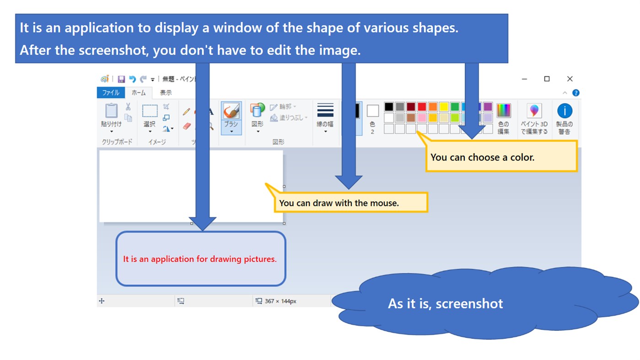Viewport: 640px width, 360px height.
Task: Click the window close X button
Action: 570,79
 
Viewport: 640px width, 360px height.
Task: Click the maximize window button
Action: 547,79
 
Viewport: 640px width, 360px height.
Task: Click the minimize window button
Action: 524,79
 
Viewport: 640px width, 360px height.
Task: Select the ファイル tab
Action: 111,93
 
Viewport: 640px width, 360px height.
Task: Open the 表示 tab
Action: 166,93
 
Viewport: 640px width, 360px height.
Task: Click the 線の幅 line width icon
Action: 325,111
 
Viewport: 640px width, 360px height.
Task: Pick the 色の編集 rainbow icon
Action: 503,111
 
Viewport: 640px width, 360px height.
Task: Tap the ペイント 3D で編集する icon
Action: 534,111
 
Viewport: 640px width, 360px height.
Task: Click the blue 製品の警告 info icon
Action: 565,111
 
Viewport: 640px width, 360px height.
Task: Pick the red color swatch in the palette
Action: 422,107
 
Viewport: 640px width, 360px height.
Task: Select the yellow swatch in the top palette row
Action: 444,107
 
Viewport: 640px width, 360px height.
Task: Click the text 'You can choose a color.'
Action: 482,157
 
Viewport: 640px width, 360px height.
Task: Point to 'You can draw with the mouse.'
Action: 339,203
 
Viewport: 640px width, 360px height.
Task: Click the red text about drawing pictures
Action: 200,259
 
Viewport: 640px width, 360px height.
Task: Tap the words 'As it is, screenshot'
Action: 445,304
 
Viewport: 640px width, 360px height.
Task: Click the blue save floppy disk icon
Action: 121,79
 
